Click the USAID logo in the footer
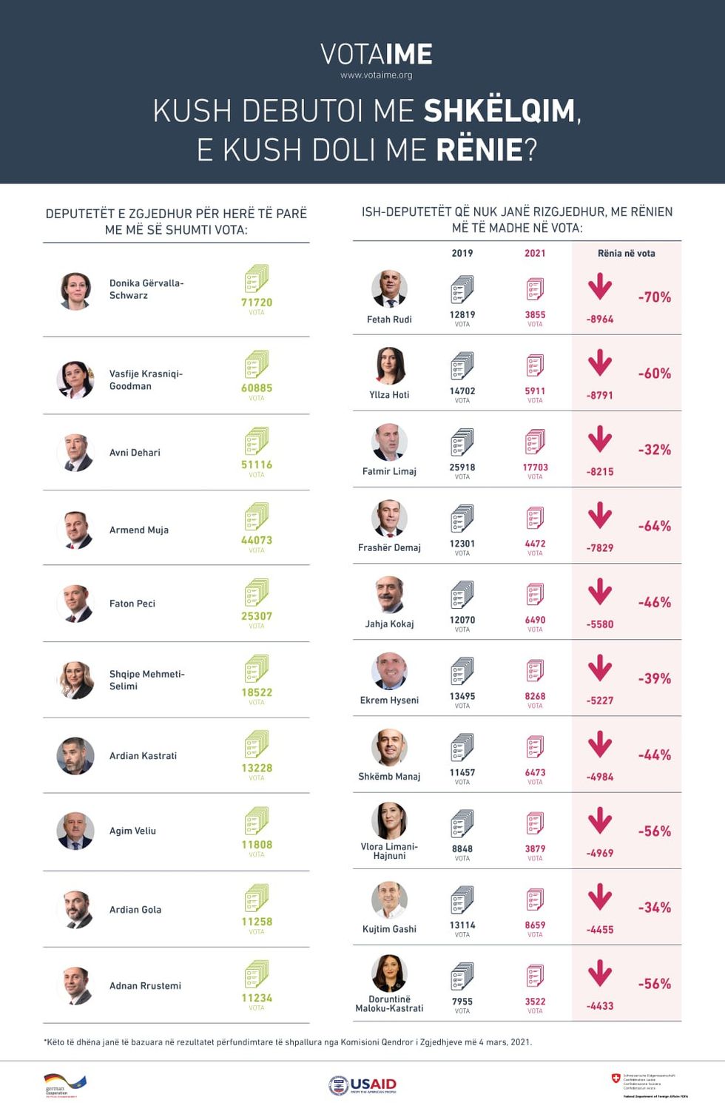[x=362, y=1085]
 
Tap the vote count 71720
[x=257, y=303]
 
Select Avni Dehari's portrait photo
[x=75, y=453]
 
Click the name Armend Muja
[x=139, y=530]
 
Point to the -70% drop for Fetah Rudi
[x=655, y=297]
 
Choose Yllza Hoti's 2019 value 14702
[x=462, y=391]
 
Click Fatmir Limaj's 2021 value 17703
[x=535, y=467]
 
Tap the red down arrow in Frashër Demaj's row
[x=600, y=516]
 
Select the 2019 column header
[x=462, y=253]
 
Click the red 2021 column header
[x=535, y=253]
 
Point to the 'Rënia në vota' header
[x=626, y=253]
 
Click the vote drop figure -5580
[x=600, y=624]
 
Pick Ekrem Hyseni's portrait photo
[x=389, y=672]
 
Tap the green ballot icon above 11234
[x=257, y=974]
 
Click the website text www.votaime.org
[x=377, y=75]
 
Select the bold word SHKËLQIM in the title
[x=499, y=111]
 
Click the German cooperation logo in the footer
[x=65, y=1085]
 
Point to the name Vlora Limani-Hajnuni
[x=389, y=851]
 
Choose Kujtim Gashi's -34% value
[x=655, y=908]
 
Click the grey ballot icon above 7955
[x=462, y=976]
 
